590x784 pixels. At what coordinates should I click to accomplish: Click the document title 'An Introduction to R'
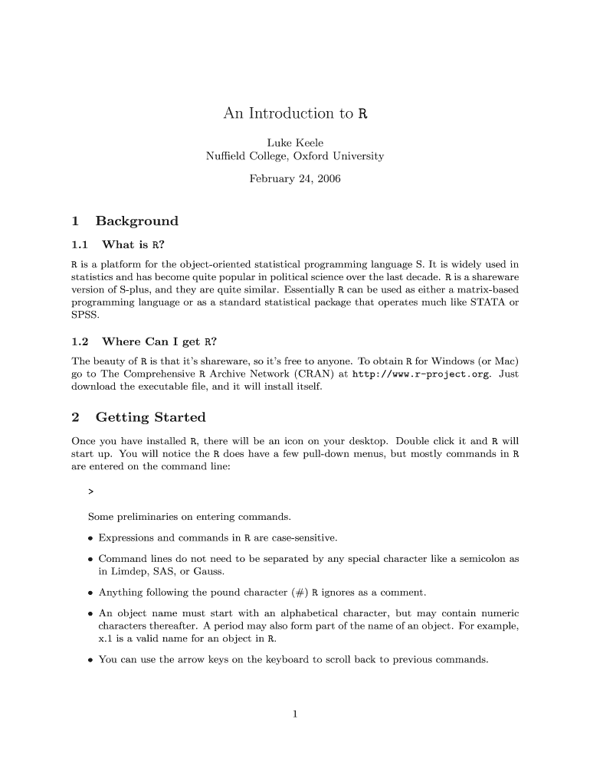click(295, 114)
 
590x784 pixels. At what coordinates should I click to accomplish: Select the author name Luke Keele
click(295, 142)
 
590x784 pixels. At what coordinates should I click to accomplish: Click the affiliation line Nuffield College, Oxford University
click(295, 156)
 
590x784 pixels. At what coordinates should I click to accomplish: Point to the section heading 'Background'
click(136, 221)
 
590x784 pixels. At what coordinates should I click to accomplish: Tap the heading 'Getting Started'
click(150, 417)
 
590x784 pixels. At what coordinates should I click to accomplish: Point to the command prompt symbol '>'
click(91, 490)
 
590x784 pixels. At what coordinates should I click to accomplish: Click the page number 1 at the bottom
click(295, 715)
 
